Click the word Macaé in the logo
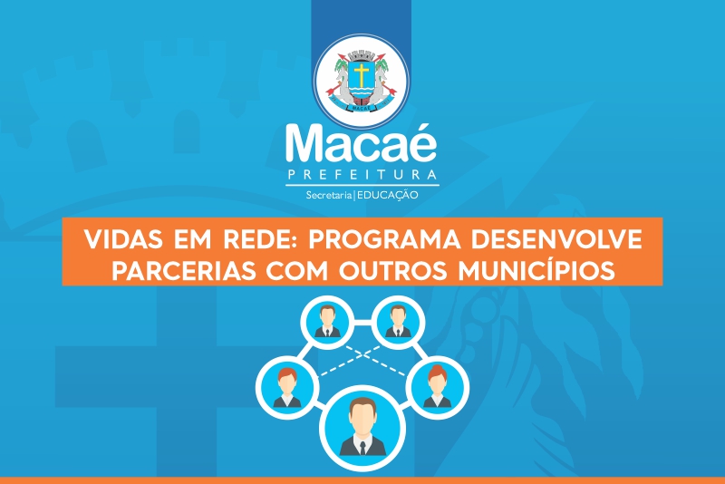[361, 143]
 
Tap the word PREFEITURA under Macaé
[362, 175]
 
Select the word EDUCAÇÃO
[388, 196]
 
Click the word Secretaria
[329, 196]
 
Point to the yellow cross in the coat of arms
[361, 75]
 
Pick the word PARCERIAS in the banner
[184, 270]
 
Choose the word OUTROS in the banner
[393, 270]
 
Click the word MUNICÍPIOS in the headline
[536, 270]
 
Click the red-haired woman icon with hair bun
[437, 387]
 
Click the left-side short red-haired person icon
[287, 387]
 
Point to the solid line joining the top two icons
[363, 322]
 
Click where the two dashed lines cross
[363, 355]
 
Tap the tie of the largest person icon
[363, 448]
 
